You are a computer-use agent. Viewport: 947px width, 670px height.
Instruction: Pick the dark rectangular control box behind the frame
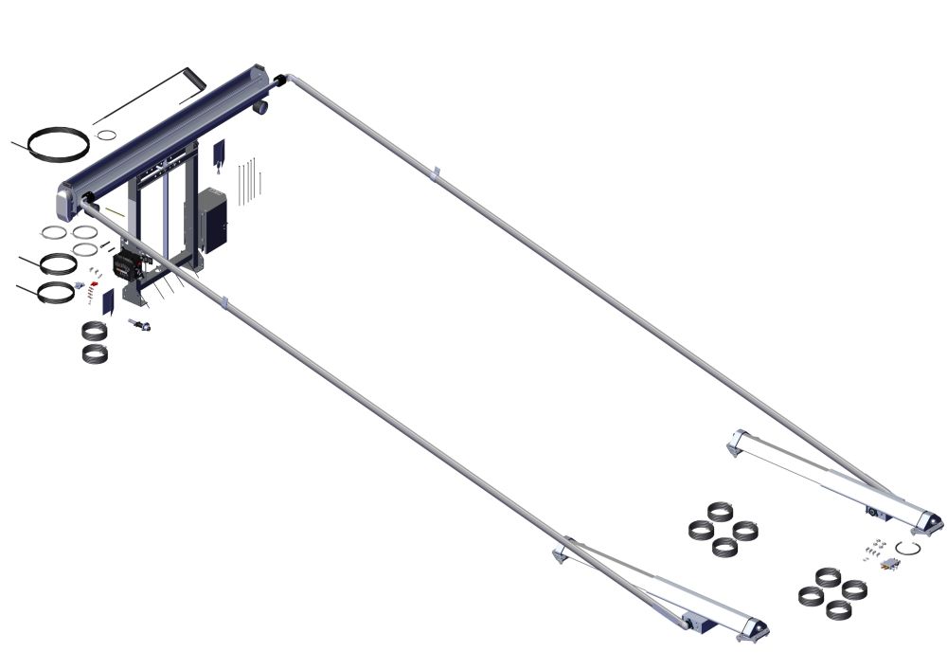pyautogui.click(x=212, y=221)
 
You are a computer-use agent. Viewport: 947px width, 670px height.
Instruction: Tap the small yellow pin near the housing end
pyautogui.click(x=115, y=210)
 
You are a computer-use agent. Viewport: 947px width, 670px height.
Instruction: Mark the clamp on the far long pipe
pyautogui.click(x=436, y=173)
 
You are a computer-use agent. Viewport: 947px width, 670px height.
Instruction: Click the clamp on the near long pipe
pyautogui.click(x=224, y=303)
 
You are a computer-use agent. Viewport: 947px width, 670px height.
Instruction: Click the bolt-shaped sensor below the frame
pyautogui.click(x=141, y=326)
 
